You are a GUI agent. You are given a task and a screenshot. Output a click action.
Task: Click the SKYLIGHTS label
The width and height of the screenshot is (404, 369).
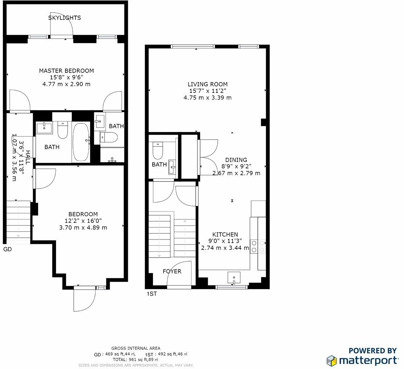click(x=64, y=18)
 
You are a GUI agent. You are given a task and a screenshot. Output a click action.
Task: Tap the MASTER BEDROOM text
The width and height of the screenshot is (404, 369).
click(x=66, y=71)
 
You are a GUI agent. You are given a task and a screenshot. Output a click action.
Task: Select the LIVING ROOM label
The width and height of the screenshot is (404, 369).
click(x=207, y=84)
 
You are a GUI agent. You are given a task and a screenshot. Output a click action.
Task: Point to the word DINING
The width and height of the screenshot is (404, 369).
click(x=236, y=160)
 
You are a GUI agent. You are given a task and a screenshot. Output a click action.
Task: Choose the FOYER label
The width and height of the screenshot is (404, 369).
click(x=172, y=271)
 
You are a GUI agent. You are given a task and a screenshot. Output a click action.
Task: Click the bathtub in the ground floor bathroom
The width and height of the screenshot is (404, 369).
click(x=80, y=142)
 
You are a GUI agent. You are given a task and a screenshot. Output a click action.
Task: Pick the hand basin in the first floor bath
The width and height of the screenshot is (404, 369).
click(x=173, y=168)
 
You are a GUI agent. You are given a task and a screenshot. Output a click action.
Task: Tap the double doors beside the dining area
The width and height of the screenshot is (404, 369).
click(x=208, y=159)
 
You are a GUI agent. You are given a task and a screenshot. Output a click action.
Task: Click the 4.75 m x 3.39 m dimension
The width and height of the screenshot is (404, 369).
click(x=207, y=98)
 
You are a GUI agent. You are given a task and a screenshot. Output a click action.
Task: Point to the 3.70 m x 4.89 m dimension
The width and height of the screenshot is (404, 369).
click(x=83, y=227)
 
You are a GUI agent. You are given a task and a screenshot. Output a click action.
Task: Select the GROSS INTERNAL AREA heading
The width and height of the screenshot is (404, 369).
click(x=136, y=348)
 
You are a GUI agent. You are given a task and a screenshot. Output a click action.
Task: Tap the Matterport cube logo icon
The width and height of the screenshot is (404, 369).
click(x=332, y=361)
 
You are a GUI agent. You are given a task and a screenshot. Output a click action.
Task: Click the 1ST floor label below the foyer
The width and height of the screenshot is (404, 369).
click(x=151, y=294)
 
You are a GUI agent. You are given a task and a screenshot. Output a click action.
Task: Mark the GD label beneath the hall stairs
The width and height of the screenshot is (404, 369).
click(x=7, y=249)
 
